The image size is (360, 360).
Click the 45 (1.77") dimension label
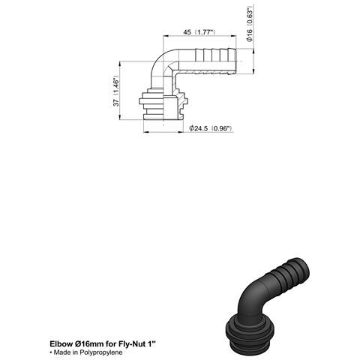coord(199,32)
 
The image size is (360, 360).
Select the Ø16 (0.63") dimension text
coord(250,23)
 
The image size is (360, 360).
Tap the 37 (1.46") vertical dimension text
coord(116,91)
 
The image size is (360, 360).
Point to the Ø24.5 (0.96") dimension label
coord(211,128)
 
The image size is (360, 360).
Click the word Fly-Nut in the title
coord(132,343)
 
